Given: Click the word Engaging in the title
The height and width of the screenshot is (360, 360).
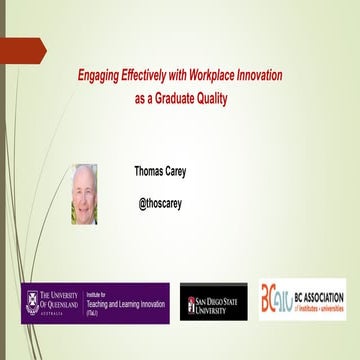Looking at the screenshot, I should click(101, 75).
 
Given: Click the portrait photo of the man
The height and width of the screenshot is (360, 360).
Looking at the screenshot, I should click(85, 194).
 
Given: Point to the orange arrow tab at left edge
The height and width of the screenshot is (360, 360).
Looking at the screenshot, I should click(22, 47).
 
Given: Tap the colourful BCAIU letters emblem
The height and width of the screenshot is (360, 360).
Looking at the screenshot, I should click(276, 299).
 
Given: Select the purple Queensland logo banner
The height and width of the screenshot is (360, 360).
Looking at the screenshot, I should click(96, 302).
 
